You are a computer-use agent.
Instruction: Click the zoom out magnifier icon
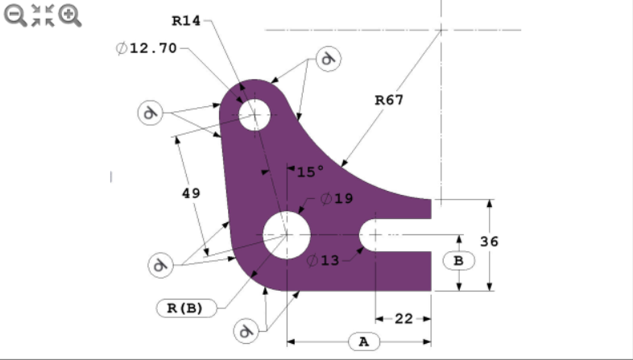tap(15, 14)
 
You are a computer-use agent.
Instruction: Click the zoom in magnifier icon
tap(70, 14)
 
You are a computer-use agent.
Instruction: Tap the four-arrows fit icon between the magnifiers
tap(43, 14)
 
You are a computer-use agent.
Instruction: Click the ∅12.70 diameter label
tap(147, 48)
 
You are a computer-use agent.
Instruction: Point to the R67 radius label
tap(389, 100)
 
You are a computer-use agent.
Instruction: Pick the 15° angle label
tap(309, 172)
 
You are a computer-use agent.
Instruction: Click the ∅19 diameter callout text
tap(336, 198)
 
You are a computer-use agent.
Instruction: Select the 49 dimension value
tap(191, 193)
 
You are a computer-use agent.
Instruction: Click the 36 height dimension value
tap(511, 242)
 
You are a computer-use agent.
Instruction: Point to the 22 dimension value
tap(403, 319)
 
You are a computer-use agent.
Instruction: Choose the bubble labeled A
tap(363, 341)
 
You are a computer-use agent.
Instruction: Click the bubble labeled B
tap(458, 260)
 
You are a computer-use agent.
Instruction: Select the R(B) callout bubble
tap(184, 307)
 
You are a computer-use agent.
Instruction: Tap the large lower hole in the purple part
tap(287, 234)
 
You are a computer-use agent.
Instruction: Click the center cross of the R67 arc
tap(441, 30)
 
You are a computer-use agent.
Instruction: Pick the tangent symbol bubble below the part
tap(247, 329)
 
